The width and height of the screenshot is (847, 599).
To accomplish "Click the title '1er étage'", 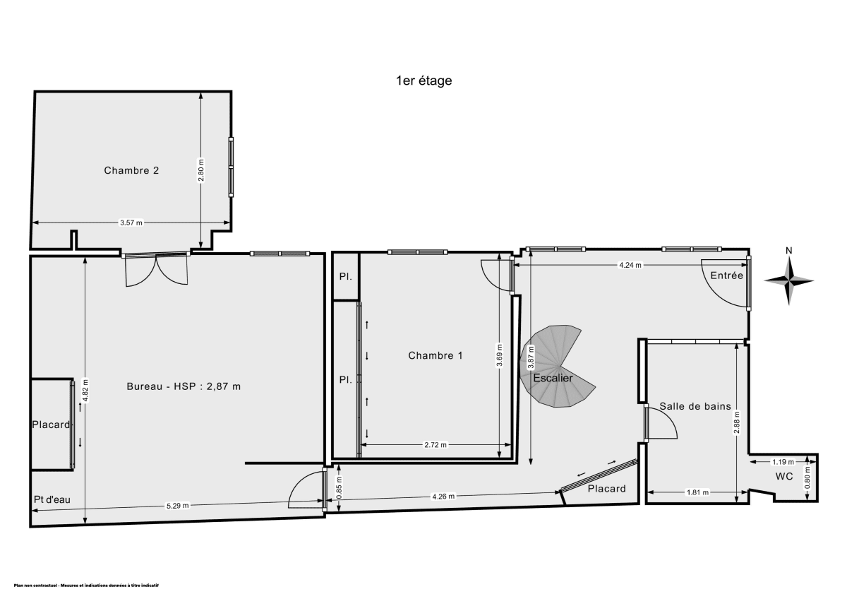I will pos(423,81).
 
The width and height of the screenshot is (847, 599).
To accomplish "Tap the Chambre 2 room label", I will pos(131,170).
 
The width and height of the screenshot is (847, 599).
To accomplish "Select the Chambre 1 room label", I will pos(435,355).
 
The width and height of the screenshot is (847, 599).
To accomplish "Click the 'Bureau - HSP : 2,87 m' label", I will pos(184,386).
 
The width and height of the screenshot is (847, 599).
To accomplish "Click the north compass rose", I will pos(789,280).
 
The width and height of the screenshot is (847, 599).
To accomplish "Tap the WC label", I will pos(784,477).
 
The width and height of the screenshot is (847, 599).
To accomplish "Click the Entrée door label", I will pos(727,275).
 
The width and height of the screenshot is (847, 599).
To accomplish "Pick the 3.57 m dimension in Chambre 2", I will pos(131,223).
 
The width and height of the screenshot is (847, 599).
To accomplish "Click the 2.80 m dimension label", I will pos(201,170).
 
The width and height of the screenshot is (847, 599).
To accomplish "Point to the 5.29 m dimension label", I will pos(177,505).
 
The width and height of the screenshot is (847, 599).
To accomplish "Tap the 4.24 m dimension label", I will pos(630,266).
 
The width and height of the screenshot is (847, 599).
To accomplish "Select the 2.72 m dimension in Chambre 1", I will pos(435,445).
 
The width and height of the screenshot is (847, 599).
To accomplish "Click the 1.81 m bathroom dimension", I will pos(697,492).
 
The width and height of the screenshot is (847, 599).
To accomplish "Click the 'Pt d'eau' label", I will pos(52,499).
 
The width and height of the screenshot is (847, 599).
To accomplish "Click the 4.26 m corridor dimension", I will pos(443,496).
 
